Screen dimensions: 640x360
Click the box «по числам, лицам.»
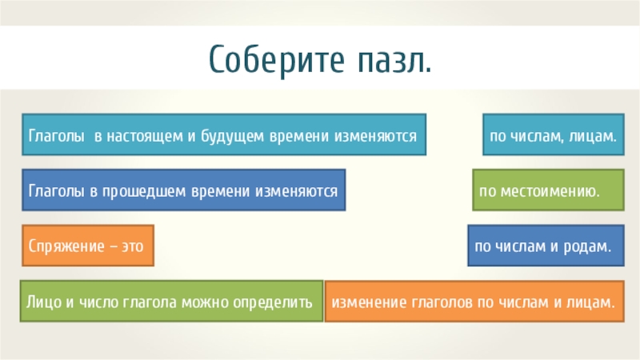click(554, 135)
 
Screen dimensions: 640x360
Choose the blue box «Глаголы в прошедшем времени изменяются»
click(183, 190)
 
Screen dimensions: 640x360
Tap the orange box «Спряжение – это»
click(86, 246)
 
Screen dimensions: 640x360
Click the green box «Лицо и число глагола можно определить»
click(170, 302)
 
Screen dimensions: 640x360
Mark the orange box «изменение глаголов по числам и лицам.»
click(474, 302)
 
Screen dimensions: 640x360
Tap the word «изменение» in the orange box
click(369, 302)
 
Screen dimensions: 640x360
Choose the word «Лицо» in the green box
click(42, 302)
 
